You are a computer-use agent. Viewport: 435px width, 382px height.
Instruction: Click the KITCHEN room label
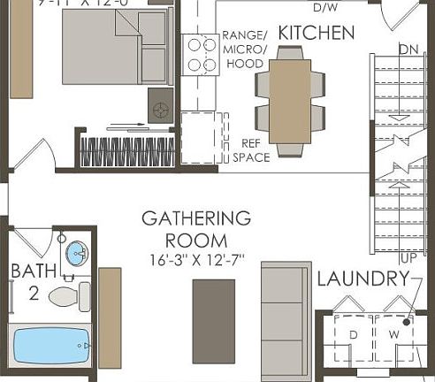(x=317, y=34)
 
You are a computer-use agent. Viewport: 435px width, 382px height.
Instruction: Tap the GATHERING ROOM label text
(x=196, y=229)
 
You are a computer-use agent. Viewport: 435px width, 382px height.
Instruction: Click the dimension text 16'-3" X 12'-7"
(x=196, y=260)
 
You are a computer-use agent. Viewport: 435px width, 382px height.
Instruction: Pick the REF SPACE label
(x=250, y=150)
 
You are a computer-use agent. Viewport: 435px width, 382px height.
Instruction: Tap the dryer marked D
(x=354, y=336)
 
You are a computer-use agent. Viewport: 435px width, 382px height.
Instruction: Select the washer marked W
(x=395, y=336)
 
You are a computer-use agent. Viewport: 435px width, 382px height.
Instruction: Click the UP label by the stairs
(x=408, y=258)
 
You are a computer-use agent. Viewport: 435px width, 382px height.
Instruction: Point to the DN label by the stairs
(x=408, y=49)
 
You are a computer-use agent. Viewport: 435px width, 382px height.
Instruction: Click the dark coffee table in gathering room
(x=214, y=320)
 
